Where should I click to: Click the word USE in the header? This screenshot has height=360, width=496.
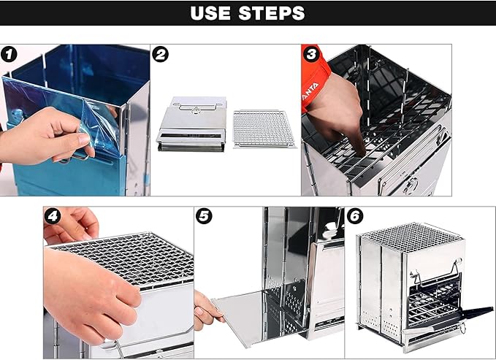210,13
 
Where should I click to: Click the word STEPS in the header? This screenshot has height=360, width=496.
272,13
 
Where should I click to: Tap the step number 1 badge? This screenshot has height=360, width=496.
9,55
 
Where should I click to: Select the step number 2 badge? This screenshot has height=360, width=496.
160,55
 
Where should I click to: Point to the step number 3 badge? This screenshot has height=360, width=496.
311,54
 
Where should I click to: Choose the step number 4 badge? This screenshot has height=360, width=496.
53,216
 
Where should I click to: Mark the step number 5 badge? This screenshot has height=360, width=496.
204,216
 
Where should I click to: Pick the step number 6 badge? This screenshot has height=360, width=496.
355,216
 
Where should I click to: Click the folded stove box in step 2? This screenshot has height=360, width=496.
192,124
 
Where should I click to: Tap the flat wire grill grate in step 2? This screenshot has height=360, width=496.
264,129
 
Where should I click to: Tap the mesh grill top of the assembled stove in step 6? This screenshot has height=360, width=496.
411,237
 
